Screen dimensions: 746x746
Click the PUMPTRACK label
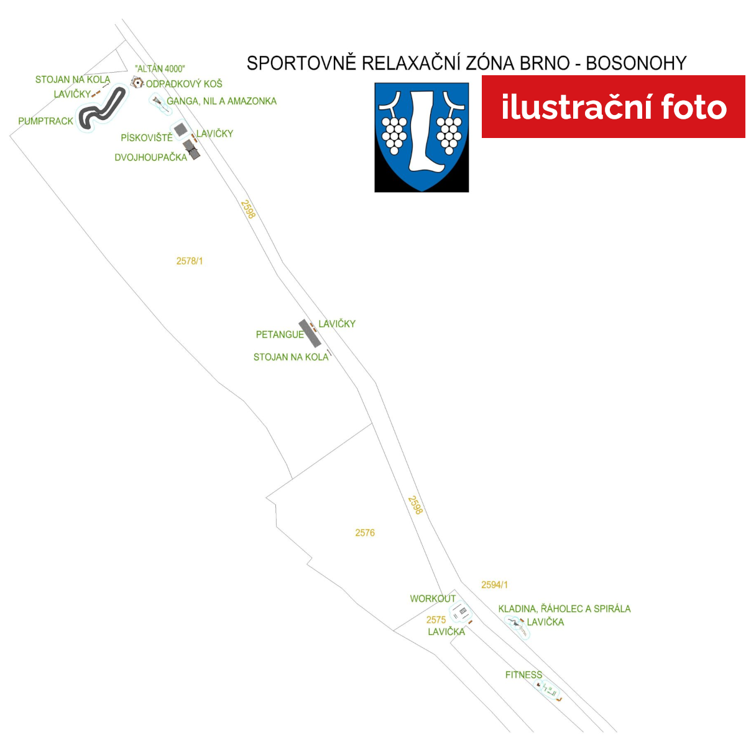click(45, 121)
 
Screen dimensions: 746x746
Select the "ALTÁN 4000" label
click(160, 69)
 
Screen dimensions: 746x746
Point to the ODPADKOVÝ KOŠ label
click(184, 84)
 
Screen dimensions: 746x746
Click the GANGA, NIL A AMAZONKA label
click(221, 101)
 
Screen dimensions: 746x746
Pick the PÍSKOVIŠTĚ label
click(147, 137)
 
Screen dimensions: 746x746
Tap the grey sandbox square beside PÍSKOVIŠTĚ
click(180, 130)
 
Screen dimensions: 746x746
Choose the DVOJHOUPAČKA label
click(151, 157)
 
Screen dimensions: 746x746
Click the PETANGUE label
click(280, 334)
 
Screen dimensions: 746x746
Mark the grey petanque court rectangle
click(310, 334)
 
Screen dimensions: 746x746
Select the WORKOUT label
click(433, 599)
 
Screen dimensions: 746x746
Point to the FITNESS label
click(524, 675)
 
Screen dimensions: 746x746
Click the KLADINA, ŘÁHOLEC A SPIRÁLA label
click(564, 609)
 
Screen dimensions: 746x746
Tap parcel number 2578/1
click(190, 261)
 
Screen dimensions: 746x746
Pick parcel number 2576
click(365, 533)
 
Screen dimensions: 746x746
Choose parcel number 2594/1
click(494, 585)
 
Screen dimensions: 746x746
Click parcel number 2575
click(436, 620)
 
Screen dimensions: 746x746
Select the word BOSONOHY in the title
click(636, 63)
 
